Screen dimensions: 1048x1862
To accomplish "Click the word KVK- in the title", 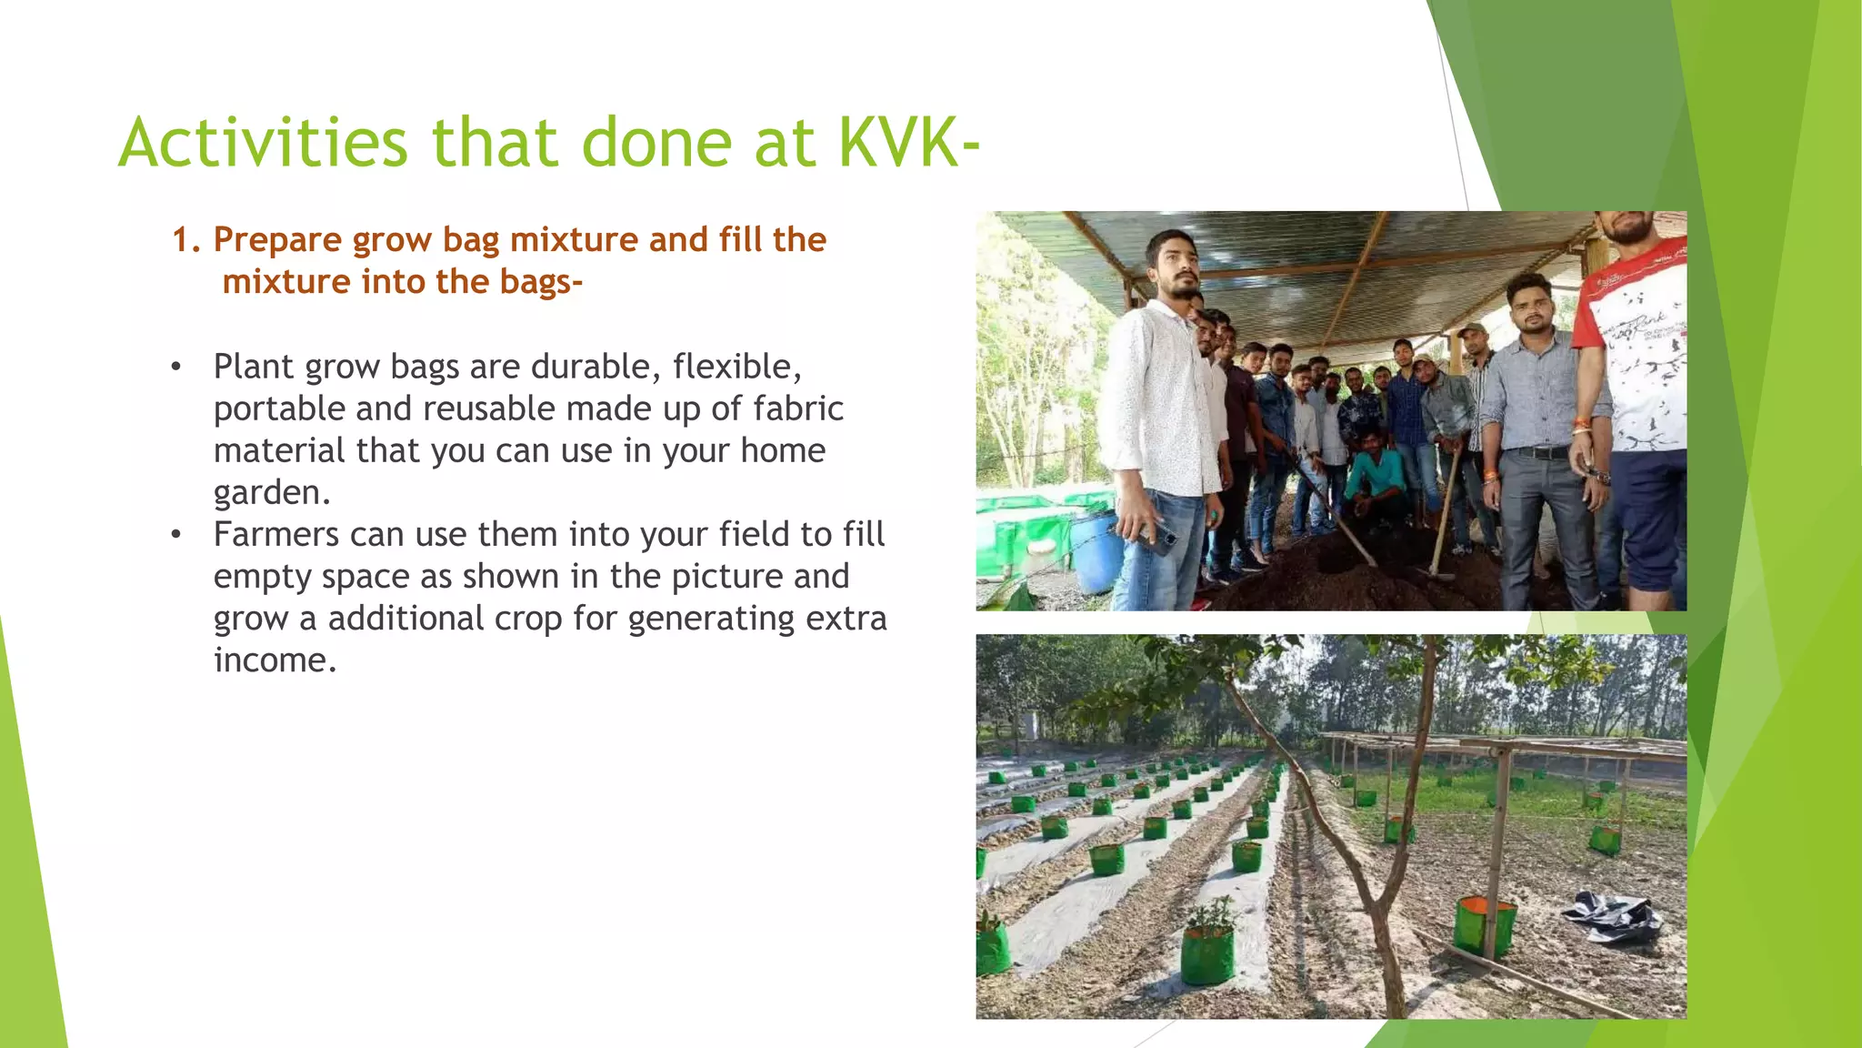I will pyautogui.click(x=907, y=144).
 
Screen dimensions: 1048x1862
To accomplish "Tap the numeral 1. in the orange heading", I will pyautogui.click(x=185, y=240).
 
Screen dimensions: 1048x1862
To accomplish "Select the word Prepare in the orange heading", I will pyautogui.click(x=277, y=240).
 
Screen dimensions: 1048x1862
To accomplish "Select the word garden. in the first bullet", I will pyautogui.click(x=271, y=492).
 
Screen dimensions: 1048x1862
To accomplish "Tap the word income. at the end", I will pyautogui.click(x=275, y=660).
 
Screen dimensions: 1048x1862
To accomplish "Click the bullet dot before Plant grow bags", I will pyautogui.click(x=176, y=368).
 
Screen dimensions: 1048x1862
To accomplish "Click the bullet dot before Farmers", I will pyautogui.click(x=176, y=535).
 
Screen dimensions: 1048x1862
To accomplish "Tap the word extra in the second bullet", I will pyautogui.click(x=846, y=619).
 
